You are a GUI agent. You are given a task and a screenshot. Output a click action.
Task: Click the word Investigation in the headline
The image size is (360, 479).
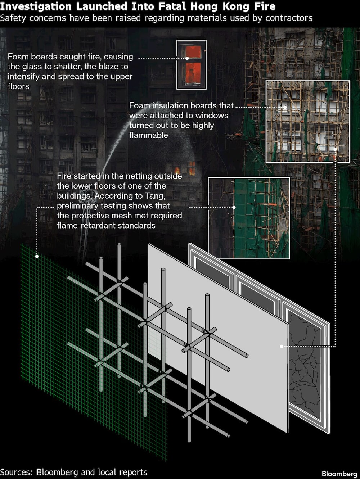(36, 6)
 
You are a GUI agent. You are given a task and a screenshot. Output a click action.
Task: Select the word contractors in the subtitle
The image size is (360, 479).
(289, 18)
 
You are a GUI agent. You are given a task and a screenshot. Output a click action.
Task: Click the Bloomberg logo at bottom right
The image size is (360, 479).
(339, 474)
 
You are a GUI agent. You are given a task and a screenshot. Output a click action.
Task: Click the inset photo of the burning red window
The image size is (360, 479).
(192, 64)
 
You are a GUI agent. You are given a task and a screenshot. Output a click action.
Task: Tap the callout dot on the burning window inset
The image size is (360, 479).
(187, 58)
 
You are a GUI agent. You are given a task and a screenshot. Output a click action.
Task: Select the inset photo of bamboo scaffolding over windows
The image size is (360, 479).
(307, 121)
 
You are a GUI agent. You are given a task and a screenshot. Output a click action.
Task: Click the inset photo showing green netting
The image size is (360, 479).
(249, 218)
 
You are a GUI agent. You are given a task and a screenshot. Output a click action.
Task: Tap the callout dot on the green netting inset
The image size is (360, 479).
(234, 207)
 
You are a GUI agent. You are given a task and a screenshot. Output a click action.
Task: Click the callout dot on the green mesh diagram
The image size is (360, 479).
(37, 256)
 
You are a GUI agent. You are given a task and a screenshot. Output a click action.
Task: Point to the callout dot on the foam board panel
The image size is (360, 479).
(282, 346)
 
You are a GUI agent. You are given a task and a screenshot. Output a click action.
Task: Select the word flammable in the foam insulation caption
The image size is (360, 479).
(149, 135)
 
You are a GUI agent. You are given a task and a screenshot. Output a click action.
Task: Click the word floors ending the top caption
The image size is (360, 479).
(19, 86)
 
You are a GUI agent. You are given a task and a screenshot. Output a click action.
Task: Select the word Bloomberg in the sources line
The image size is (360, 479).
(57, 472)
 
